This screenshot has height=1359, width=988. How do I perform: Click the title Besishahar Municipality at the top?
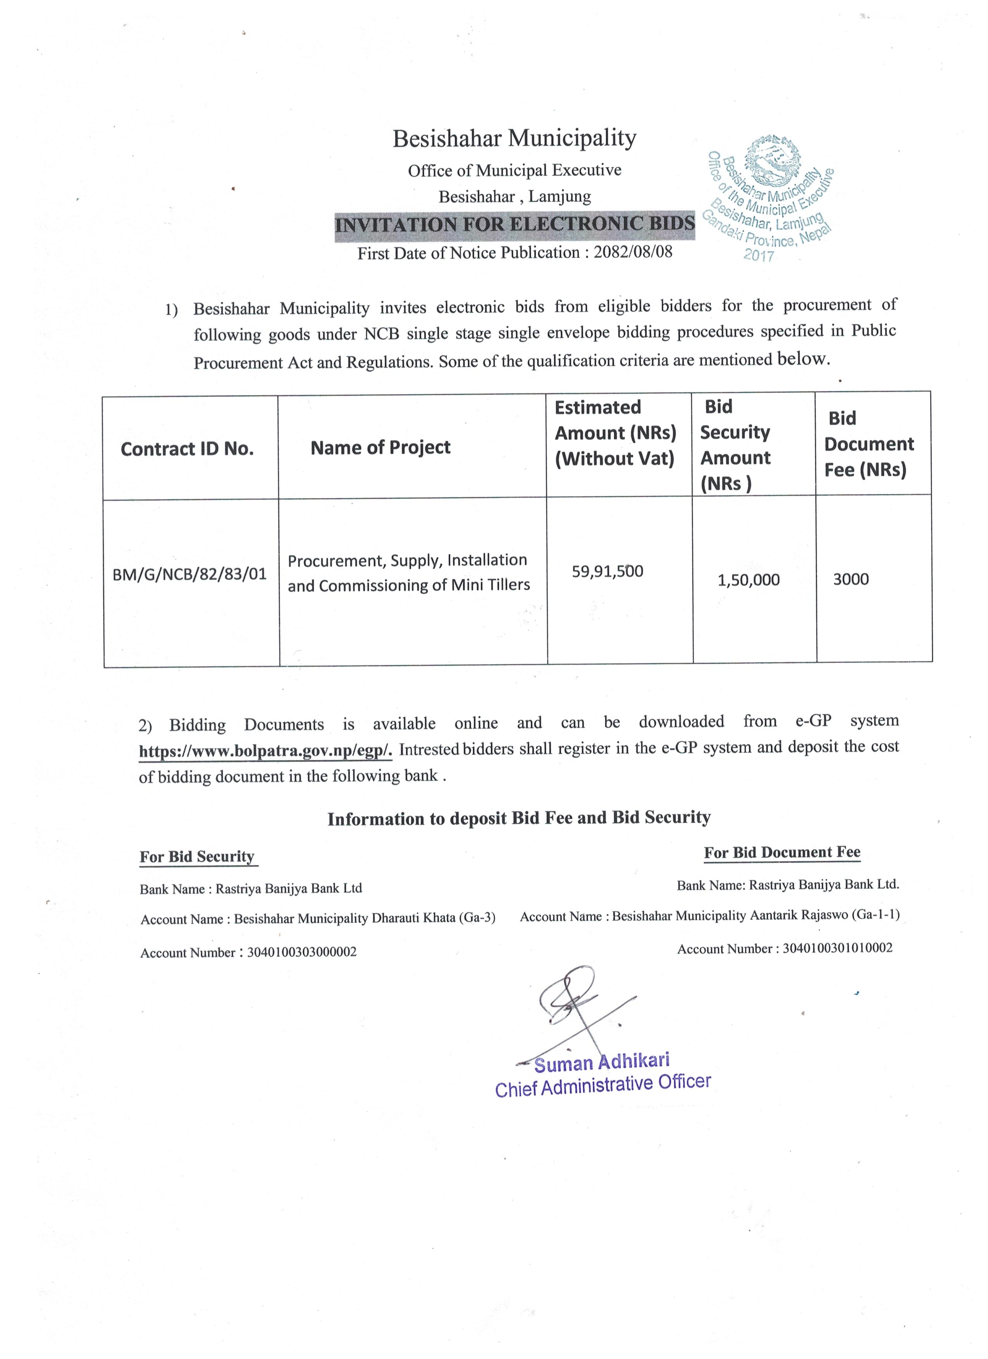514,138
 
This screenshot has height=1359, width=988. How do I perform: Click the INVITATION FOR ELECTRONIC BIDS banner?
514,225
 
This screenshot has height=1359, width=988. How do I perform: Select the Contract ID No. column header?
187,449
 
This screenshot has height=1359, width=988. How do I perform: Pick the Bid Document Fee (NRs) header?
868,444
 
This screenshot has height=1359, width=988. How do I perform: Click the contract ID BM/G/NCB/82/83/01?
189,574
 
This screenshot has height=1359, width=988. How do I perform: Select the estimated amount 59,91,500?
607,571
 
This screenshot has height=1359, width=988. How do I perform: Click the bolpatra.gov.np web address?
265,751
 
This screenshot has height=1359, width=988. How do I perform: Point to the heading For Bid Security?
197,857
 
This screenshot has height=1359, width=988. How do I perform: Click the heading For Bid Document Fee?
782,853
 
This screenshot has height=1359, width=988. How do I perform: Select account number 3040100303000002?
301,952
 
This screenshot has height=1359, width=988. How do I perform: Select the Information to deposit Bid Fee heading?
519,818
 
